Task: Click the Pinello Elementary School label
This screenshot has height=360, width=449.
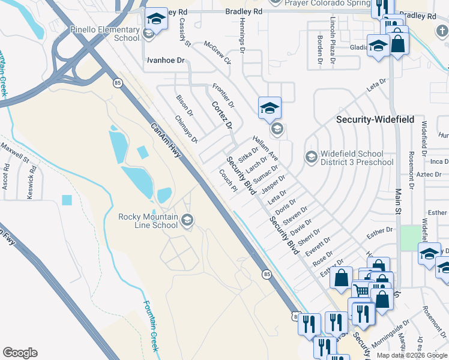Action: coord(105,33)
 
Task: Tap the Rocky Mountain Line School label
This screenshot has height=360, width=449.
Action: coord(148,221)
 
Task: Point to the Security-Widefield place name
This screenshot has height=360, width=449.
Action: coord(375,119)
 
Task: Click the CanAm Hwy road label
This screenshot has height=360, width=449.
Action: coord(165,140)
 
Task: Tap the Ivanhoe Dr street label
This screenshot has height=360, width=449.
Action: coord(166,61)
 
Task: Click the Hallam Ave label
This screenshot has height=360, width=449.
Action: coord(265,147)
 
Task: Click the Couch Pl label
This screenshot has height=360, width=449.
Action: coord(228,181)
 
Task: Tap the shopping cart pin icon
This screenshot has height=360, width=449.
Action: coord(360,290)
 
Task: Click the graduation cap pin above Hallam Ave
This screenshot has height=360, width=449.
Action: coord(270,108)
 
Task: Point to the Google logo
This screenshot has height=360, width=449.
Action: coord(20,353)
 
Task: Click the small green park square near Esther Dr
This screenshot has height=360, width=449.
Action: coord(411,238)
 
